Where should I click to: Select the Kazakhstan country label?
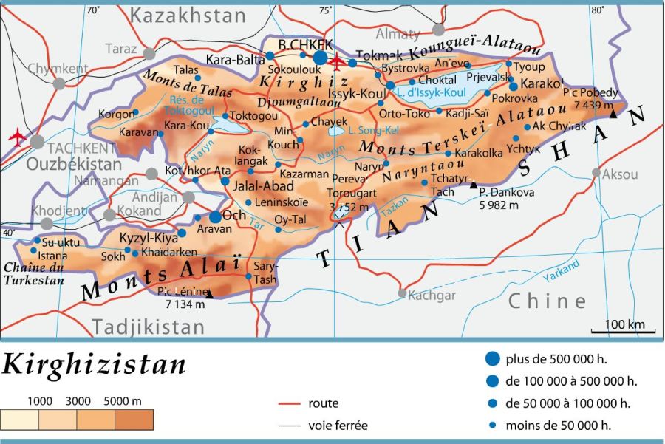(189, 15)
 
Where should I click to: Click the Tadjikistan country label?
(148, 326)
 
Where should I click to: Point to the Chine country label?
(548, 301)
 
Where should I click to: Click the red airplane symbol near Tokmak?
(338, 61)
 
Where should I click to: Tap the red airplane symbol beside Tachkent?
(16, 136)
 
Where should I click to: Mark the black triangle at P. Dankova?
(474, 185)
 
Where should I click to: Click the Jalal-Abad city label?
(259, 186)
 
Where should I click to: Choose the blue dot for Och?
(215, 217)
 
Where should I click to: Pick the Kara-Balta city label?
(234, 58)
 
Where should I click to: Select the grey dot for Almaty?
(439, 30)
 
